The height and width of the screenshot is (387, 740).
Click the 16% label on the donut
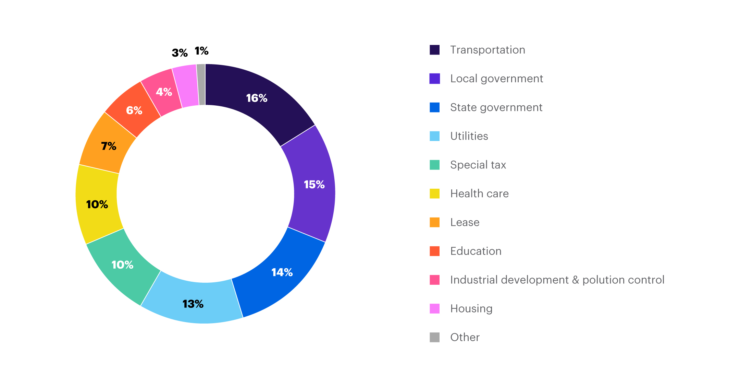[x=257, y=98]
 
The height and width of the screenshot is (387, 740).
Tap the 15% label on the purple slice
[x=314, y=185]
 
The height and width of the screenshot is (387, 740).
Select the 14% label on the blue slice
[x=282, y=272]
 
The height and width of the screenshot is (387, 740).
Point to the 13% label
[x=193, y=304]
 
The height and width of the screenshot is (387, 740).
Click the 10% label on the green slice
[x=122, y=265]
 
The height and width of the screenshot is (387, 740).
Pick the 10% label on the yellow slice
[x=97, y=204]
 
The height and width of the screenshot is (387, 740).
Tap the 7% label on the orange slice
[x=109, y=146]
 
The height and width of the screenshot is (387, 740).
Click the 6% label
[x=134, y=110]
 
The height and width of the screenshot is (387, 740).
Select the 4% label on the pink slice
[x=164, y=92]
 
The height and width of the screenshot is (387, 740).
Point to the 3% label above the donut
[x=180, y=53]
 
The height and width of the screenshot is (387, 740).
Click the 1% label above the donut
[x=201, y=51]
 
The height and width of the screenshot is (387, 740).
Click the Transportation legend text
[x=488, y=50]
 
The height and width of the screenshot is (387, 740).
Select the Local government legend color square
[x=435, y=79]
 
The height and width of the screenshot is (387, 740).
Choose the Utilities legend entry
[x=469, y=136]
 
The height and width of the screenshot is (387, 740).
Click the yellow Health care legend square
[x=435, y=193]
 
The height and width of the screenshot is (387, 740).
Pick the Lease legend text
[x=465, y=222]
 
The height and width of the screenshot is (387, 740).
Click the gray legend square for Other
[x=435, y=337]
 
